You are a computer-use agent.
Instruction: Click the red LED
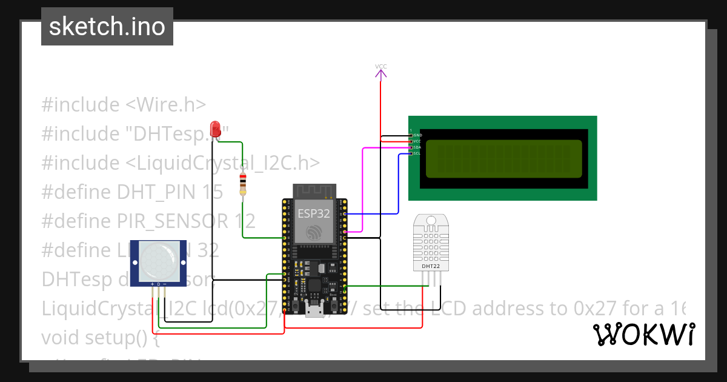click(214, 128)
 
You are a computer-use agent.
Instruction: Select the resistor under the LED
click(243, 184)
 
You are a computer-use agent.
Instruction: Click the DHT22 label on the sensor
click(431, 266)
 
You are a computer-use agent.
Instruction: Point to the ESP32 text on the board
click(314, 213)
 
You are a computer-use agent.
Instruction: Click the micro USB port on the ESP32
click(314, 311)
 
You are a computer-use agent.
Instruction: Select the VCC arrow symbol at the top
click(380, 73)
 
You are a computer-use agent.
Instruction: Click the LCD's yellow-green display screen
click(503, 159)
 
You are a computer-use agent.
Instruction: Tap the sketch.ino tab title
click(107, 27)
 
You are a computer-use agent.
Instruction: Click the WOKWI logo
click(643, 334)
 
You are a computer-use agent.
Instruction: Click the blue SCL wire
click(398, 182)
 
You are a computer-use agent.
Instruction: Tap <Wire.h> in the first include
click(165, 105)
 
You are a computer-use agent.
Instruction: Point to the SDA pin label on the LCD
click(417, 147)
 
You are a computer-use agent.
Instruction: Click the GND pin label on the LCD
click(417, 135)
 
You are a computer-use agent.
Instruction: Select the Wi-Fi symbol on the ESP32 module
click(314, 232)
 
